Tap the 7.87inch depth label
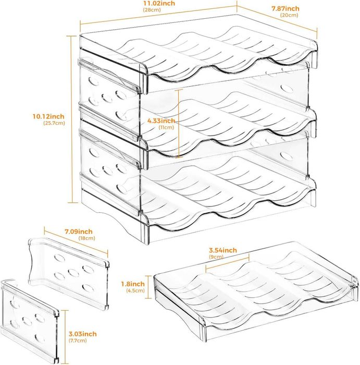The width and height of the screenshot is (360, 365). pyautogui.click(x=285, y=8)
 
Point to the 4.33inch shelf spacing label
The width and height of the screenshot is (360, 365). pyautogui.click(x=161, y=120)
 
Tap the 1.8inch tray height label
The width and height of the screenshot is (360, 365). pyautogui.click(x=137, y=283)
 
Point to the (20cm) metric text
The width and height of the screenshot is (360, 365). pyautogui.click(x=289, y=15)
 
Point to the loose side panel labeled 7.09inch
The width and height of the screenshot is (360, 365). pyautogui.click(x=67, y=263)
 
